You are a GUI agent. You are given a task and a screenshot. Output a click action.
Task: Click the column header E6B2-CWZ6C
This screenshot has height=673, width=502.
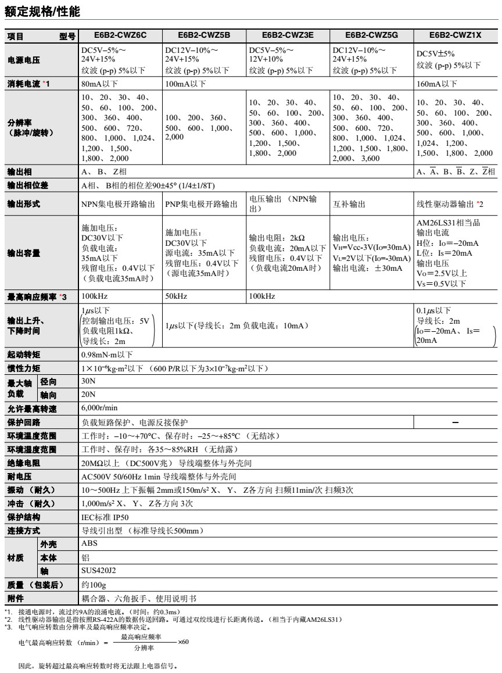click(121, 36)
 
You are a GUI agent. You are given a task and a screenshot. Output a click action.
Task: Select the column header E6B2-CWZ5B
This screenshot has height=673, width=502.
click(204, 36)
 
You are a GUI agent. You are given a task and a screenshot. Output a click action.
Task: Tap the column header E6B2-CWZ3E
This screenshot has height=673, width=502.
click(288, 36)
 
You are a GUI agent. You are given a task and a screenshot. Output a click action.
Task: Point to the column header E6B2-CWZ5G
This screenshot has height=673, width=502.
click(371, 36)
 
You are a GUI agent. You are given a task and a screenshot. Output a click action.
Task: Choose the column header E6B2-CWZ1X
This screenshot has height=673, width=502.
click(456, 36)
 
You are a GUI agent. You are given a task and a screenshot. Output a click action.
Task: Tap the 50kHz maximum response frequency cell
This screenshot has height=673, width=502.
click(175, 297)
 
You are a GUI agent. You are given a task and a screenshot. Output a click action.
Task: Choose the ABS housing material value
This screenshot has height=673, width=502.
click(90, 544)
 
